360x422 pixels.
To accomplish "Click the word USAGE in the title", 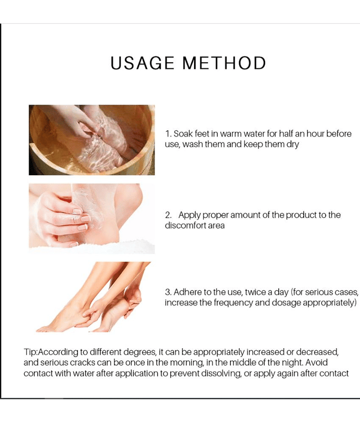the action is tap(142, 63).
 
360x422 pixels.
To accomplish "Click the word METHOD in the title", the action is tap(224, 63).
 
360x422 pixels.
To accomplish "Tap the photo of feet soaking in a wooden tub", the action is tap(92, 140).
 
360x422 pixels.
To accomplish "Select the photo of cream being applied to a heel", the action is tap(92, 218).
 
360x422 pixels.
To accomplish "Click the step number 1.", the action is tap(168, 134).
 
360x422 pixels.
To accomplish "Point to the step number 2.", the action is tap(168, 215).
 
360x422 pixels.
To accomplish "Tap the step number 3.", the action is tap(168, 292).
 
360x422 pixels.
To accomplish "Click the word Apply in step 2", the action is tap(189, 215).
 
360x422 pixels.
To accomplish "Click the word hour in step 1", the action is tap(316, 134).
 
